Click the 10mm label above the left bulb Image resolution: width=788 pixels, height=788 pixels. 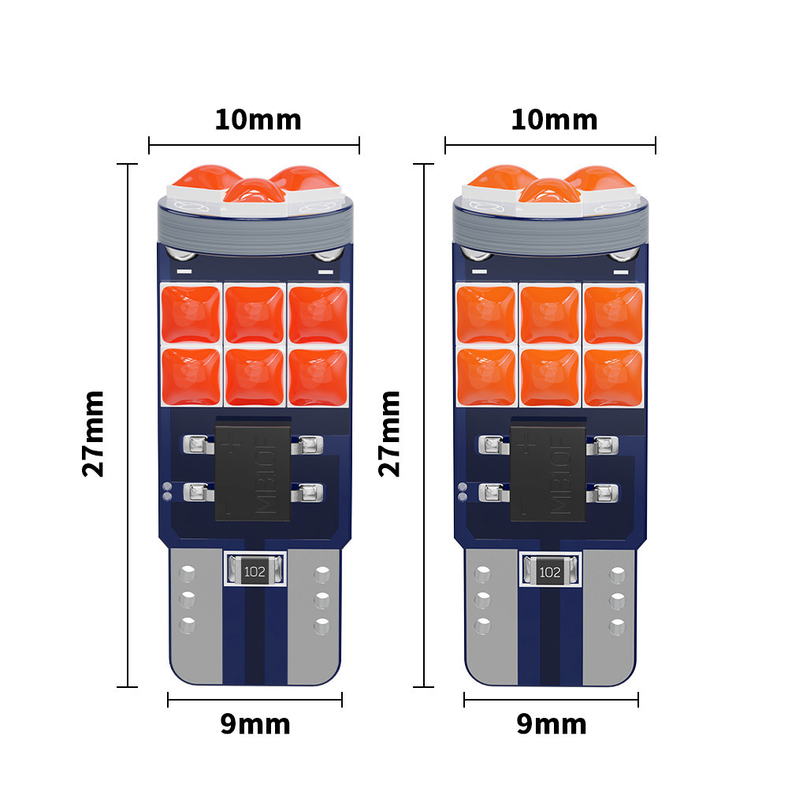point(258,120)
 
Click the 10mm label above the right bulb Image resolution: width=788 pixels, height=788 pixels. point(554,120)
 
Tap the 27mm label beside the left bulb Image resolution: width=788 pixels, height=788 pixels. point(94,433)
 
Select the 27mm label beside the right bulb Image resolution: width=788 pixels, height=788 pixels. point(390,433)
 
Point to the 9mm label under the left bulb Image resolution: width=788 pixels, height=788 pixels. point(255,724)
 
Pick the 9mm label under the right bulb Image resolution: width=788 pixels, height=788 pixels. point(551,724)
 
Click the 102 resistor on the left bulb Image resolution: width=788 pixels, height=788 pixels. point(254,571)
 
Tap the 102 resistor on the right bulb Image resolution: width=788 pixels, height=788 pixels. point(550,571)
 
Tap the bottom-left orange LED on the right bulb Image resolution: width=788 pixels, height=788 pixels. point(485,376)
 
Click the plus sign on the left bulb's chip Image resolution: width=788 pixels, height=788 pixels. point(232,447)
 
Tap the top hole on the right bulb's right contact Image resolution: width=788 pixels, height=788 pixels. point(617,574)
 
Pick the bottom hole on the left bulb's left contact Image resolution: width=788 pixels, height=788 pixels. point(187,626)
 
